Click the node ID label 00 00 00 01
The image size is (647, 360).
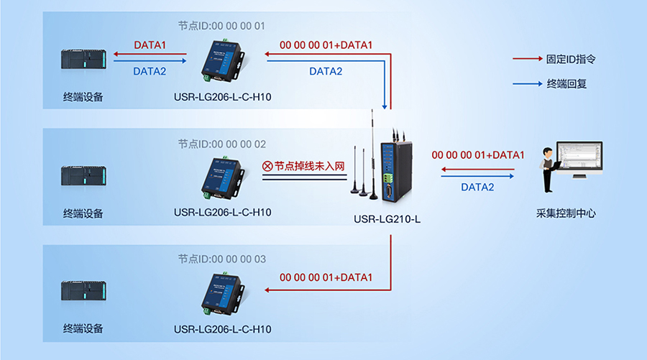pyautogui.click(x=222, y=26)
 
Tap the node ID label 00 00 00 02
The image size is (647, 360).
pyautogui.click(x=222, y=144)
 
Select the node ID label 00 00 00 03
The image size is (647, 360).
pyautogui.click(x=222, y=259)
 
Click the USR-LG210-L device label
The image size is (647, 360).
pyautogui.click(x=387, y=218)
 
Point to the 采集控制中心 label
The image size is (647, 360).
pyautogui.click(x=566, y=213)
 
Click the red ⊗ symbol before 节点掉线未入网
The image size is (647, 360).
pyautogui.click(x=267, y=167)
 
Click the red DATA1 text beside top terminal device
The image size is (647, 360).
pyautogui.click(x=150, y=45)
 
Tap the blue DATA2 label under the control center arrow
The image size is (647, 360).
pyautogui.click(x=477, y=188)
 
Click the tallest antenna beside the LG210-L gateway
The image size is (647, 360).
pyautogui.click(x=372, y=151)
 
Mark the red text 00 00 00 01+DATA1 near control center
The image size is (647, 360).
pyautogui.click(x=477, y=154)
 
